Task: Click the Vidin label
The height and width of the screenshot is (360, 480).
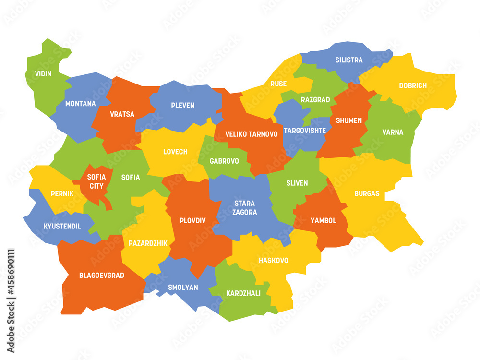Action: (43, 74)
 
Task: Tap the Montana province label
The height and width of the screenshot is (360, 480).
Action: (80, 104)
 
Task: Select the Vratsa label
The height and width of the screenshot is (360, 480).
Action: (122, 114)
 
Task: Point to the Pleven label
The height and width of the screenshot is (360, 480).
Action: (182, 105)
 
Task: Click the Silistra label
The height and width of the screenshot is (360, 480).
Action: (349, 60)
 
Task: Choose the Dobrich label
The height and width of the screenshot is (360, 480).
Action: (413, 86)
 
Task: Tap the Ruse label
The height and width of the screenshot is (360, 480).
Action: (278, 84)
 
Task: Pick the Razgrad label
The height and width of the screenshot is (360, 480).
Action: (315, 100)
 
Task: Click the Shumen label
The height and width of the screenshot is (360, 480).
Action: (349, 120)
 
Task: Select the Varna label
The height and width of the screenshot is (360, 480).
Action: (393, 132)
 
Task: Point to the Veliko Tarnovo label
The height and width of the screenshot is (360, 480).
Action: (252, 134)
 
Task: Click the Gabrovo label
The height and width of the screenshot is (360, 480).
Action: (224, 161)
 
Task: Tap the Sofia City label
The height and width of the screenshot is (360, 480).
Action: (96, 181)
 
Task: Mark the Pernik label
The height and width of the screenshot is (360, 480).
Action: (62, 194)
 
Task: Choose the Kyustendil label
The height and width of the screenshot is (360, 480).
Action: (62, 226)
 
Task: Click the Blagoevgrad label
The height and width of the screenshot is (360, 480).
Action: (102, 276)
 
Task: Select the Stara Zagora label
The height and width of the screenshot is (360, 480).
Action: (245, 207)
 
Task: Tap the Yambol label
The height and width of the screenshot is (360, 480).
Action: (323, 221)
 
